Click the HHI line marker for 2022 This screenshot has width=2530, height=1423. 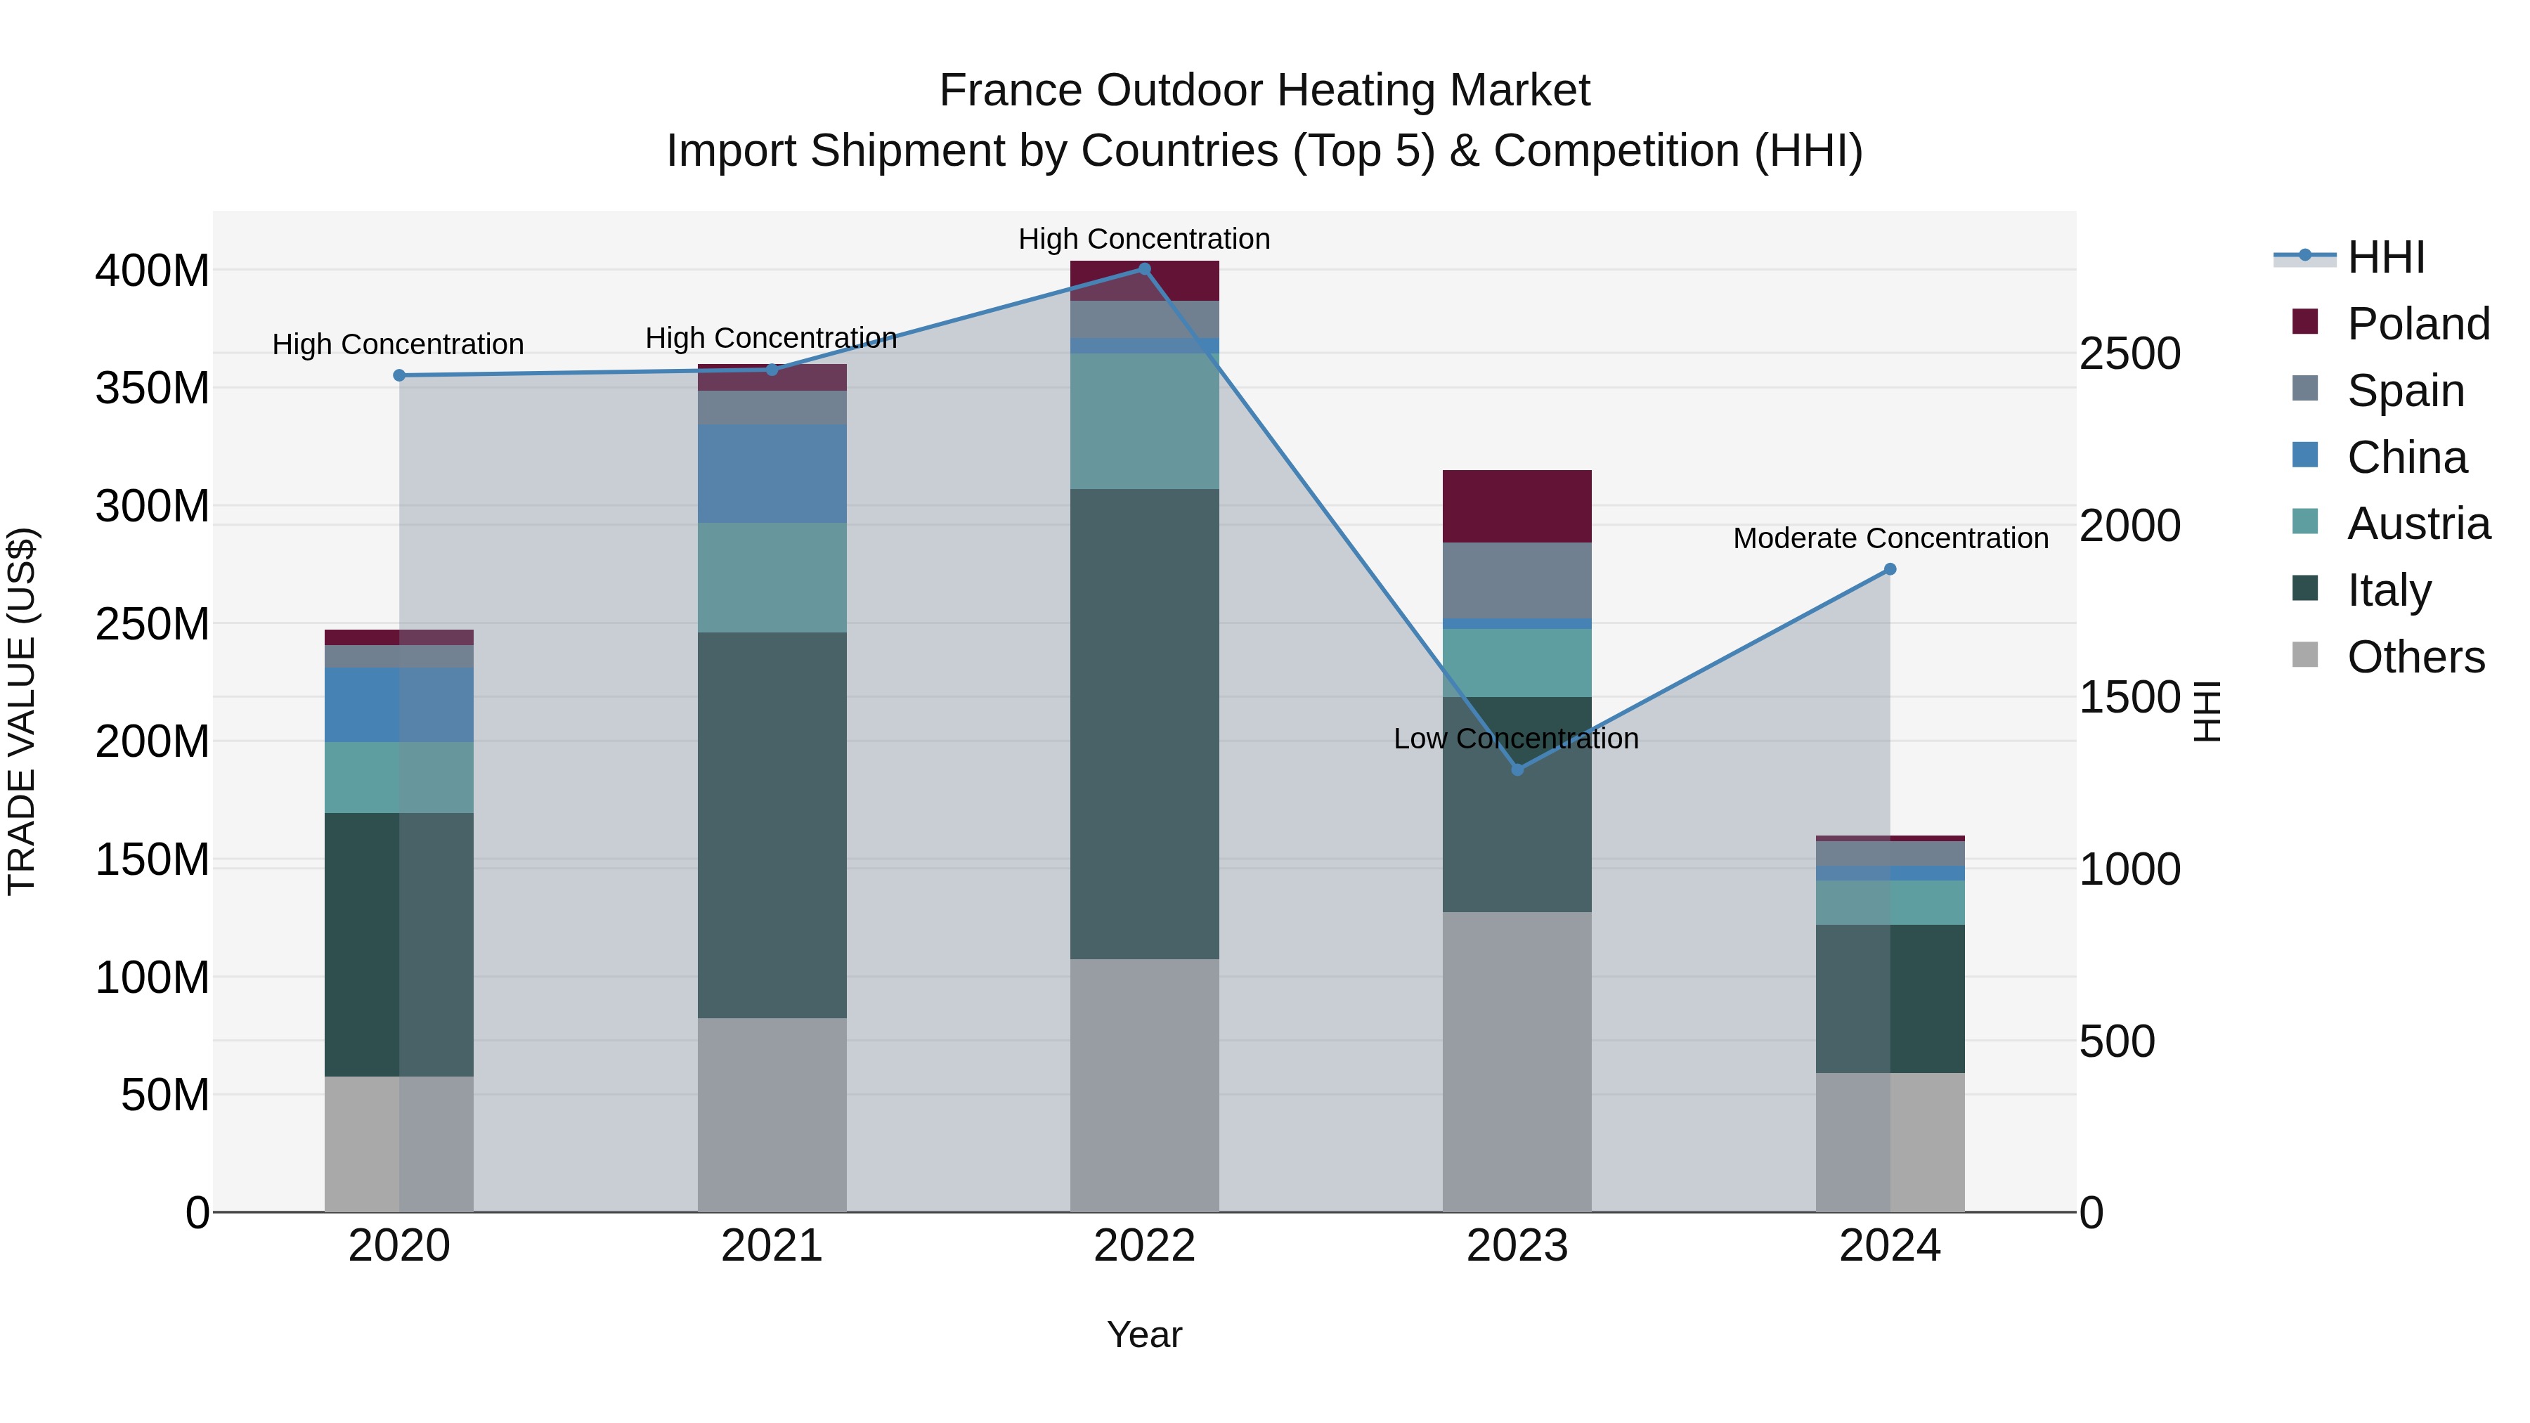tap(1144, 269)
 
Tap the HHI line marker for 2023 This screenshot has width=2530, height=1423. tap(1517, 770)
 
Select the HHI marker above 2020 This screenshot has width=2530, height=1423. tap(398, 375)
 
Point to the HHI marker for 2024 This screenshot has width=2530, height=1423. tap(1890, 570)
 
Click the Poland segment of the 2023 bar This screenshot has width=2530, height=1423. tap(1517, 507)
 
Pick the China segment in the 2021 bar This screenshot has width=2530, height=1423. tap(772, 474)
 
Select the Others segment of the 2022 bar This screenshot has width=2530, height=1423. tap(1144, 1085)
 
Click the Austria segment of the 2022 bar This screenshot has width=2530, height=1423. tap(1144, 422)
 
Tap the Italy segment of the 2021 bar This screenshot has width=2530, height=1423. tap(772, 825)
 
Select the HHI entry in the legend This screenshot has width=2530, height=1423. tap(2386, 257)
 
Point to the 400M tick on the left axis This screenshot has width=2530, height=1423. tap(153, 271)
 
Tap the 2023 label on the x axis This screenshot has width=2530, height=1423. tap(1517, 1246)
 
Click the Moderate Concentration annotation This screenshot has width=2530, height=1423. tap(1890, 538)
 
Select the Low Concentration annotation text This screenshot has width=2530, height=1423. tap(1515, 739)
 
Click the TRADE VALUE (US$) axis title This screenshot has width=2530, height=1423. tap(22, 711)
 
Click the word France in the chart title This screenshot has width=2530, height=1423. tap(1011, 91)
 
